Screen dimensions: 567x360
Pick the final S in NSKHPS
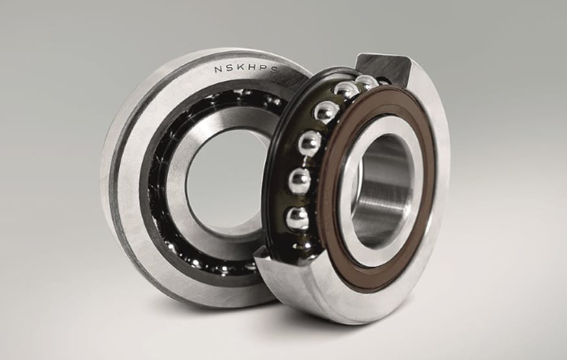pyautogui.click(x=276, y=69)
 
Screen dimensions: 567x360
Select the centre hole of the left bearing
pyautogui.click(x=224, y=177)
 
